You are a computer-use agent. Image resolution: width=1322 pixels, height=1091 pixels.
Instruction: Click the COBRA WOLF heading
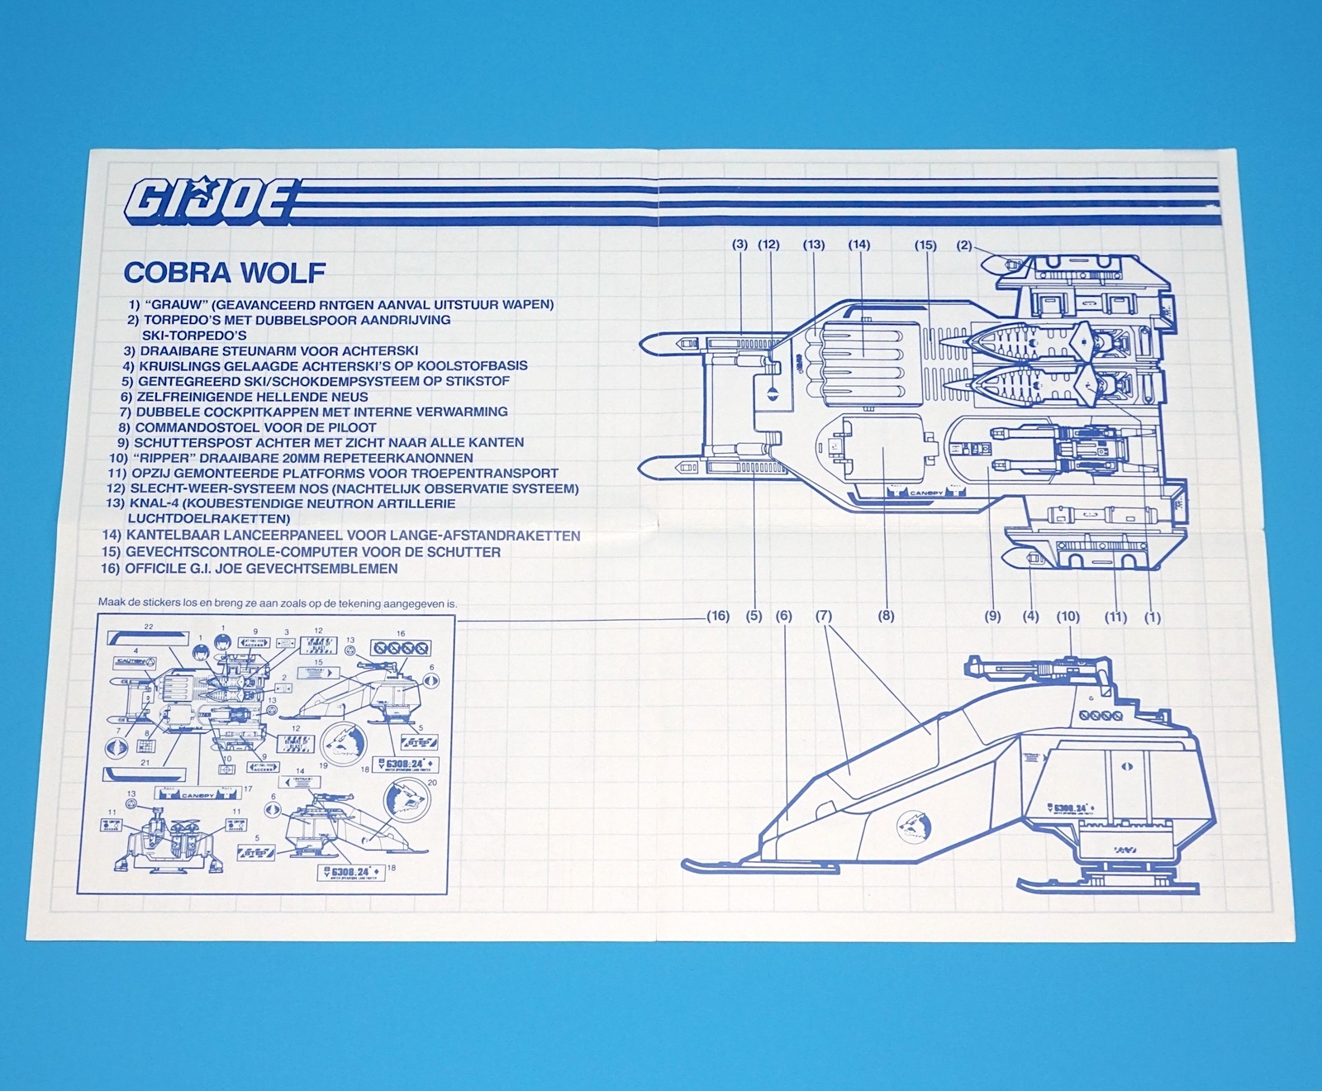click(224, 273)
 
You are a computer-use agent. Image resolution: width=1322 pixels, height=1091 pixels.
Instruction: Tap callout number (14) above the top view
click(858, 245)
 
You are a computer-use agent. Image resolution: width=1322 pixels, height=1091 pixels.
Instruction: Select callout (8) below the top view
click(886, 616)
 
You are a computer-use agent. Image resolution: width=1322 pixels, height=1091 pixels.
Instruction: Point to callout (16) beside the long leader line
click(718, 616)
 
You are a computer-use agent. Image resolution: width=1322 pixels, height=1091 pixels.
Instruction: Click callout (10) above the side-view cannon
click(1068, 616)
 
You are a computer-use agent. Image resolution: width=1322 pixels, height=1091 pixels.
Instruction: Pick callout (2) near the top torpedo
click(964, 245)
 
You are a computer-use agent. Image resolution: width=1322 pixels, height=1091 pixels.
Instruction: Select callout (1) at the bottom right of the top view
click(1152, 617)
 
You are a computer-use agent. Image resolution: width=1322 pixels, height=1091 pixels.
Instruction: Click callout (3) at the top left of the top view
click(739, 245)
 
